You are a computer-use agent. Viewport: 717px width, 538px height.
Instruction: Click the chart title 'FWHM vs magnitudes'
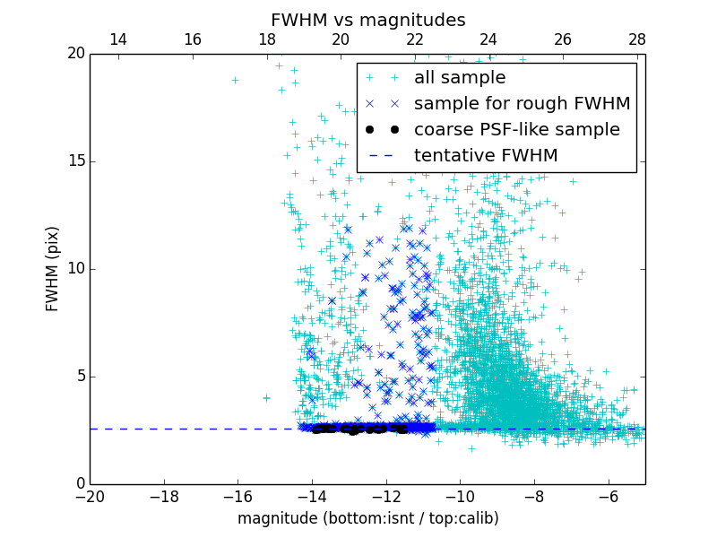pyautogui.click(x=367, y=20)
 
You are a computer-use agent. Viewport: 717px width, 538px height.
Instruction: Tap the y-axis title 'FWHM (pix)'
pyautogui.click(x=53, y=269)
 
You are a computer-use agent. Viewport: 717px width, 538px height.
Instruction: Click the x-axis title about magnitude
pyautogui.click(x=367, y=518)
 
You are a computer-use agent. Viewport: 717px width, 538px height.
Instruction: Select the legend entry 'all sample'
pyautogui.click(x=459, y=78)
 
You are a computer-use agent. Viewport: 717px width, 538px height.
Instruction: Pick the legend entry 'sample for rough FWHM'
pyautogui.click(x=522, y=104)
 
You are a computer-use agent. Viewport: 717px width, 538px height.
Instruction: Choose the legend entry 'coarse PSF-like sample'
pyautogui.click(x=516, y=130)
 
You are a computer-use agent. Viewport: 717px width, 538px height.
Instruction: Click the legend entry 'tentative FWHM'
pyautogui.click(x=485, y=156)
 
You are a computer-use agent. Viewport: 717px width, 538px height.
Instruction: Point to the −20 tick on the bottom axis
pyautogui.click(x=90, y=496)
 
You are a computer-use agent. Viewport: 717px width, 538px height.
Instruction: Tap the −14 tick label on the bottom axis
pyautogui.click(x=312, y=496)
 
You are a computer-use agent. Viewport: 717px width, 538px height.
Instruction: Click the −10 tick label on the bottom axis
pyautogui.click(x=460, y=496)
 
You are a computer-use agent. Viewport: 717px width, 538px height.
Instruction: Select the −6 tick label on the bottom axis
pyautogui.click(x=608, y=496)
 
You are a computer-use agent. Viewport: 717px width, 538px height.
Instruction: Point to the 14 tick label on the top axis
pyautogui.click(x=117, y=39)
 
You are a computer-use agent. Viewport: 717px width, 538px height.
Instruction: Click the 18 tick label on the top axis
pyautogui.click(x=266, y=39)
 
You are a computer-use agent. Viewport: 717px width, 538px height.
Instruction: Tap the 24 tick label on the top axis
pyautogui.click(x=488, y=39)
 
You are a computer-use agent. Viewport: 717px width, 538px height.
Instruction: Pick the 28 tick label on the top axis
pyautogui.click(x=636, y=39)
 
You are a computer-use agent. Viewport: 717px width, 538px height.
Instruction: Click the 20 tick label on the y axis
pyautogui.click(x=76, y=54)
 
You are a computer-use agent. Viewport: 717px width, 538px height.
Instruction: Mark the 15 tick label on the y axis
pyautogui.click(x=76, y=161)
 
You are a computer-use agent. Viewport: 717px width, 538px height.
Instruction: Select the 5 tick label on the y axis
pyautogui.click(x=80, y=377)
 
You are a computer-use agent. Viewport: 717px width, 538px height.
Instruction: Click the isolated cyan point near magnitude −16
pyautogui.click(x=235, y=80)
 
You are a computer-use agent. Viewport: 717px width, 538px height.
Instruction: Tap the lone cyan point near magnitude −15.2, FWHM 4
pyautogui.click(x=266, y=397)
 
